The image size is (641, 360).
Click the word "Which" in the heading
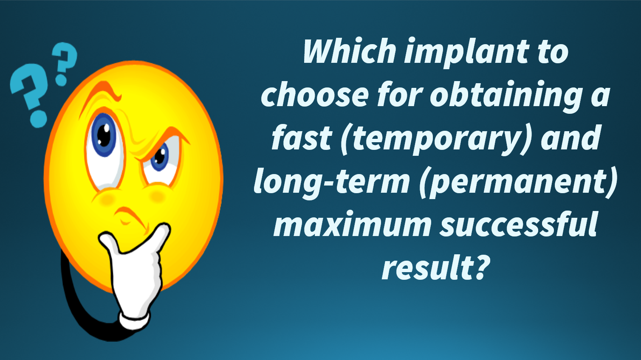point(350,51)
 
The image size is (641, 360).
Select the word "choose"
point(315,94)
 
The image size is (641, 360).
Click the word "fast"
point(302,137)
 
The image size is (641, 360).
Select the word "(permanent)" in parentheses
point(517,183)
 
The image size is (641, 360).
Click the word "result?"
point(436,267)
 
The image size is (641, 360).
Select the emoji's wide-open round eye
point(105,149)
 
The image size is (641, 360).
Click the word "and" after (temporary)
point(570,137)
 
